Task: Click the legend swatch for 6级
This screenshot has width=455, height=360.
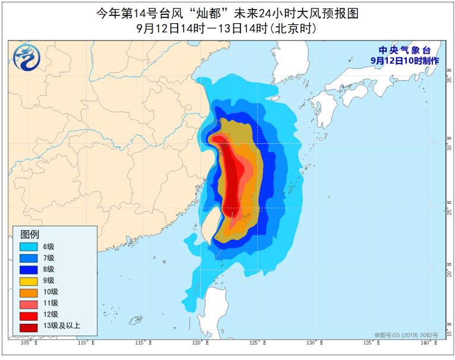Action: tap(29, 246)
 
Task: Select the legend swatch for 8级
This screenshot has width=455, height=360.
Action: tap(29, 269)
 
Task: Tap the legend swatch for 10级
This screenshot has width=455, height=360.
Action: tap(29, 291)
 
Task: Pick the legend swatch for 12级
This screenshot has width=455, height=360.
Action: tap(29, 314)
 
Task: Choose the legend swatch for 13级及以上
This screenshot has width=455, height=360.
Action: tap(29, 325)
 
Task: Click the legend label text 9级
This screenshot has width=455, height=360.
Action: tap(48, 280)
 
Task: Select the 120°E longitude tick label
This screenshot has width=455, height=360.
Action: tap(200, 343)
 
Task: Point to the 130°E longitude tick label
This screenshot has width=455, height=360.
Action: tap(314, 343)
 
